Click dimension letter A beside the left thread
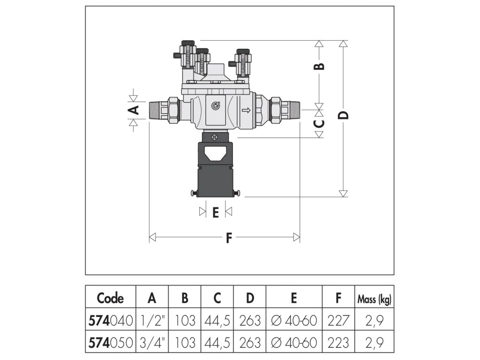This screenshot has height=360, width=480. [134, 110]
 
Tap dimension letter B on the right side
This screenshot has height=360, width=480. [319, 66]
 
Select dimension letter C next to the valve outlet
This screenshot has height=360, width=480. [319, 123]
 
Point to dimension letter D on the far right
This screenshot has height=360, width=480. [344, 115]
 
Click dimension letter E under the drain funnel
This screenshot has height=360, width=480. [215, 213]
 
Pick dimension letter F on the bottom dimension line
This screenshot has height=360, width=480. [229, 238]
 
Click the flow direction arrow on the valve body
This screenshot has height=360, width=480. [245, 111]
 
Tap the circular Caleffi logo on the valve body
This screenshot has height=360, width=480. [216, 106]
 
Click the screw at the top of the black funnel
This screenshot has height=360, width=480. [214, 137]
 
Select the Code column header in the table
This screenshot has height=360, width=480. [110, 298]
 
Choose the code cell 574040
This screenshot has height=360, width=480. [110, 321]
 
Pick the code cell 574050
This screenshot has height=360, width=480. [110, 342]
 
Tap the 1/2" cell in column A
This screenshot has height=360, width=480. [151, 321]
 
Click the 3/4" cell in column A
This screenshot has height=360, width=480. [151, 342]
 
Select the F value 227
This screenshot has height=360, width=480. [338, 321]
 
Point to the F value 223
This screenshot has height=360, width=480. [338, 342]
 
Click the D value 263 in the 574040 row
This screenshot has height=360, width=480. [250, 321]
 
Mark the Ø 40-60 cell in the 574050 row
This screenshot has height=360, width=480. [294, 342]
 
